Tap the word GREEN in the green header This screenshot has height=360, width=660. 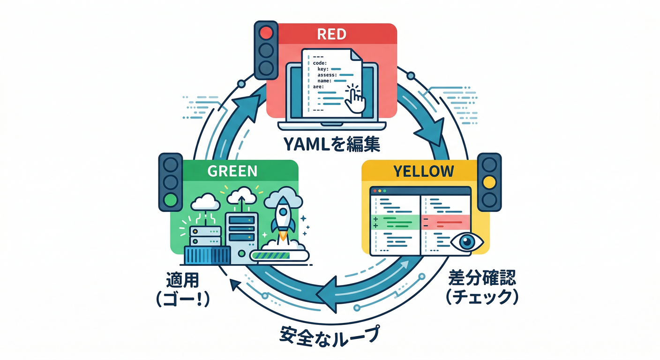click(232, 171)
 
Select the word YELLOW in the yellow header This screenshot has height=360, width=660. click(423, 172)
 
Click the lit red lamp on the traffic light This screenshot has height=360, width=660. click(266, 33)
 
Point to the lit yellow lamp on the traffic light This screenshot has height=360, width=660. click(489, 182)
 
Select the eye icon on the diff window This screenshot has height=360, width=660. click(466, 241)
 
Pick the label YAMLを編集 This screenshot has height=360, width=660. click(331, 144)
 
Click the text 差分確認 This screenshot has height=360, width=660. click(482, 279)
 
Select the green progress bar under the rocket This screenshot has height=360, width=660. click(280, 255)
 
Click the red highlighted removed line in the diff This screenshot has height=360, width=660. click(446, 220)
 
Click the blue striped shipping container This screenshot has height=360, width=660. click(208, 256)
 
